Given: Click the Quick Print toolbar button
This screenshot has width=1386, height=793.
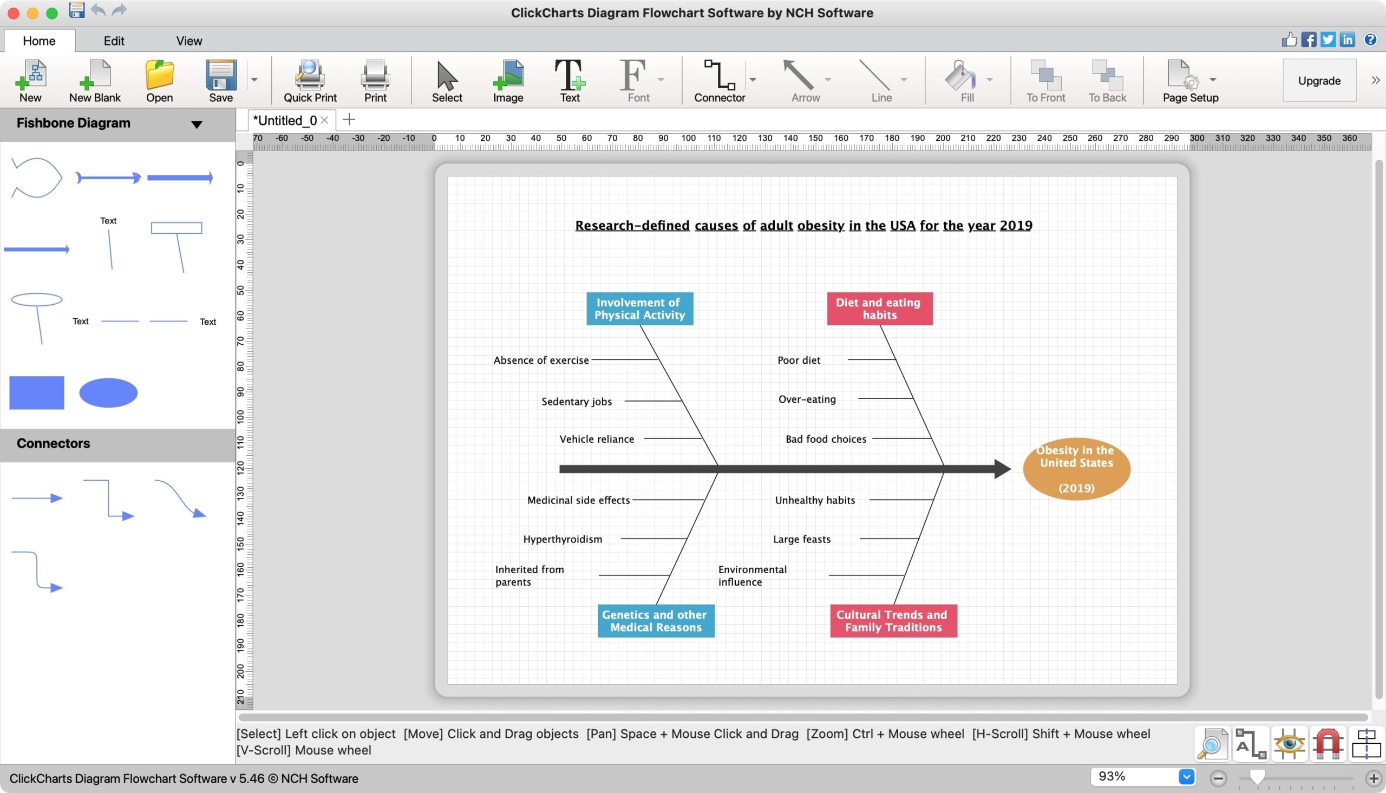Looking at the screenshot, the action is coord(310,81).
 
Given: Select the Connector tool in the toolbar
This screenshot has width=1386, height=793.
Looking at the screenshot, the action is coord(720,81).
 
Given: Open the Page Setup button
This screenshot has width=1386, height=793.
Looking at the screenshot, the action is coord(1190,81).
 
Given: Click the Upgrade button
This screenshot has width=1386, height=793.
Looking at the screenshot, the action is coord(1319,81).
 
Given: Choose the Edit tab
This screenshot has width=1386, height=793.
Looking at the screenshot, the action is coord(114,41).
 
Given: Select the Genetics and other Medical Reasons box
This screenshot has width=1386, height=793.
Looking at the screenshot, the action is coord(656,621).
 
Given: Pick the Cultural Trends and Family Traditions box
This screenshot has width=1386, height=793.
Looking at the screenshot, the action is coord(893,621).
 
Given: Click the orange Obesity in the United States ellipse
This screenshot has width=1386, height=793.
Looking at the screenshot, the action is coord(1077,469).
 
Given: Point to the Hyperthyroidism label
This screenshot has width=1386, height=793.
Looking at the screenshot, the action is coord(563,539).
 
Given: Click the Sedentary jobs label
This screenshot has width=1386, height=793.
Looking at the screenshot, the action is coord(577,402).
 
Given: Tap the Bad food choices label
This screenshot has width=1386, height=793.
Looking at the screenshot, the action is coord(826,439).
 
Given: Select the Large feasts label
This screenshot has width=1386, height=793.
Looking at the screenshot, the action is coord(802,539).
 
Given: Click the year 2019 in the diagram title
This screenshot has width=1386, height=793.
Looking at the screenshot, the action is coord(1016,226).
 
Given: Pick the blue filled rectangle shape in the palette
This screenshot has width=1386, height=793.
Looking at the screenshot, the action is coord(36,392).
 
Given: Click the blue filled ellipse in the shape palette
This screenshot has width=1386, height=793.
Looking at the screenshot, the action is coord(108,392).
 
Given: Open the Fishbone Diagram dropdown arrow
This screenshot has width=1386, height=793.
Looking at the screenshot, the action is coord(197,124).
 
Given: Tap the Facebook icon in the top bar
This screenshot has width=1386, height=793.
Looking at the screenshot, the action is coord(1308,40).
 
